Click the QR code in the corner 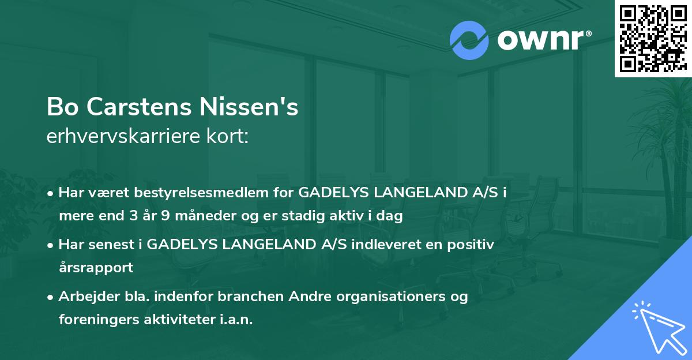pos(652,38)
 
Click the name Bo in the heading pos(60,107)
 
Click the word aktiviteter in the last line pos(171,320)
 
